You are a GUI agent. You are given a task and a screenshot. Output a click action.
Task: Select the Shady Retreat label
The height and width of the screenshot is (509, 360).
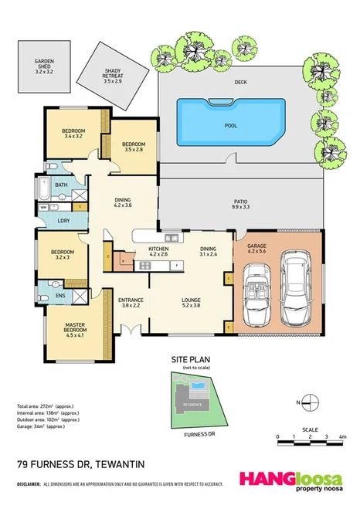click(114, 76)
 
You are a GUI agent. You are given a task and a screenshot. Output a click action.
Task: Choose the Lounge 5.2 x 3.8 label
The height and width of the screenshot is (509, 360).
click(192, 303)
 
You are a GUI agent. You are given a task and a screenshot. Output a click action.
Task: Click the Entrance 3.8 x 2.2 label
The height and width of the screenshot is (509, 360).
click(131, 303)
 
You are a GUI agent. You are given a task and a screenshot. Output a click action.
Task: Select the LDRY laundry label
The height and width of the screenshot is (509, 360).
click(60, 222)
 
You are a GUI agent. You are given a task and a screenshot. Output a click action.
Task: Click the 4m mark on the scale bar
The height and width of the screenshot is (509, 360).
click(341, 438)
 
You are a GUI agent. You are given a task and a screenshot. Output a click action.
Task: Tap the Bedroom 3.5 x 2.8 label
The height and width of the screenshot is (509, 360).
click(133, 146)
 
